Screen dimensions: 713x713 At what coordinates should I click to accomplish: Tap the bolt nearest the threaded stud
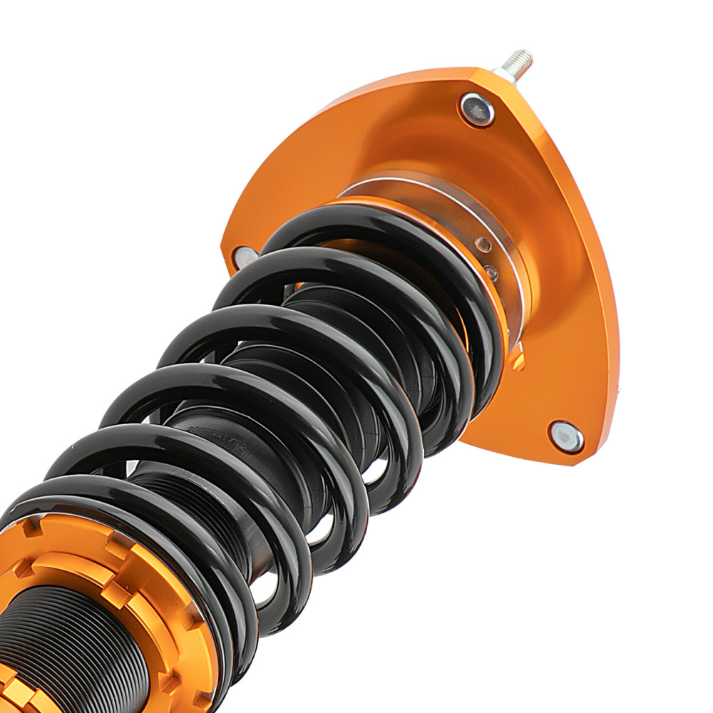tap(477, 109)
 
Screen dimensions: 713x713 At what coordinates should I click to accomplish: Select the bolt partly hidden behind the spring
tap(245, 257)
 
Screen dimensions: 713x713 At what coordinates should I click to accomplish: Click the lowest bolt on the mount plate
tap(566, 436)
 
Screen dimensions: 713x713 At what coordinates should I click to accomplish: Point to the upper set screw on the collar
tap(483, 245)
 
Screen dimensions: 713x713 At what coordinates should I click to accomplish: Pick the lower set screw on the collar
tap(491, 271)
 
